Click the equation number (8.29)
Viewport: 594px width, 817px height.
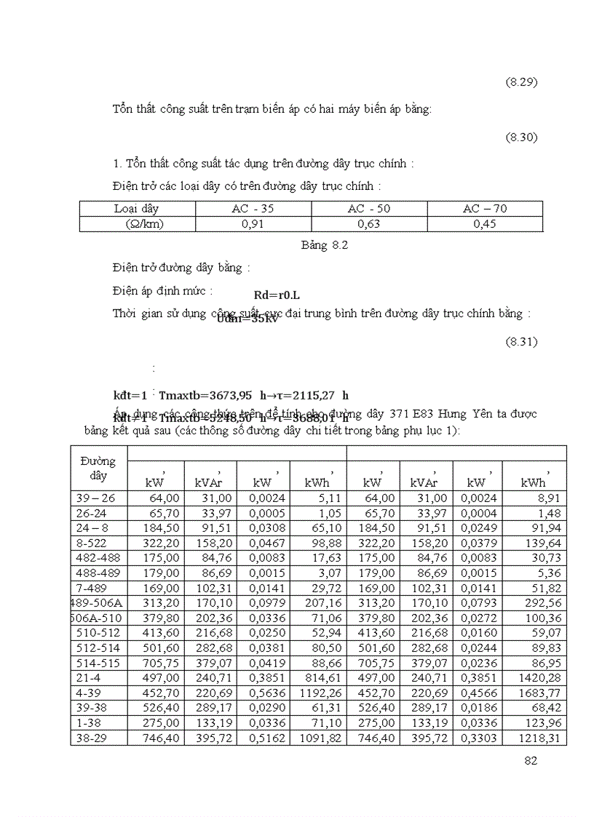[x=521, y=82]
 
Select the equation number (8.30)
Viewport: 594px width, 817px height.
[x=521, y=138]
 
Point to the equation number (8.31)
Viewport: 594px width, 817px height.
[x=521, y=342]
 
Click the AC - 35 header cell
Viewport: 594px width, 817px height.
[x=253, y=209]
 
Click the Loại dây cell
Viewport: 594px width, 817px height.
[x=136, y=209]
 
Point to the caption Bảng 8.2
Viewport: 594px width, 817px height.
[x=325, y=245]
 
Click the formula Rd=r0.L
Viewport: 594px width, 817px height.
[x=277, y=295]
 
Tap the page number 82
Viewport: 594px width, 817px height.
[x=531, y=761]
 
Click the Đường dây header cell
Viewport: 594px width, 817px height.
[x=98, y=469]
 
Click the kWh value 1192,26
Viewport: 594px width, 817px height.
[x=320, y=693]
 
